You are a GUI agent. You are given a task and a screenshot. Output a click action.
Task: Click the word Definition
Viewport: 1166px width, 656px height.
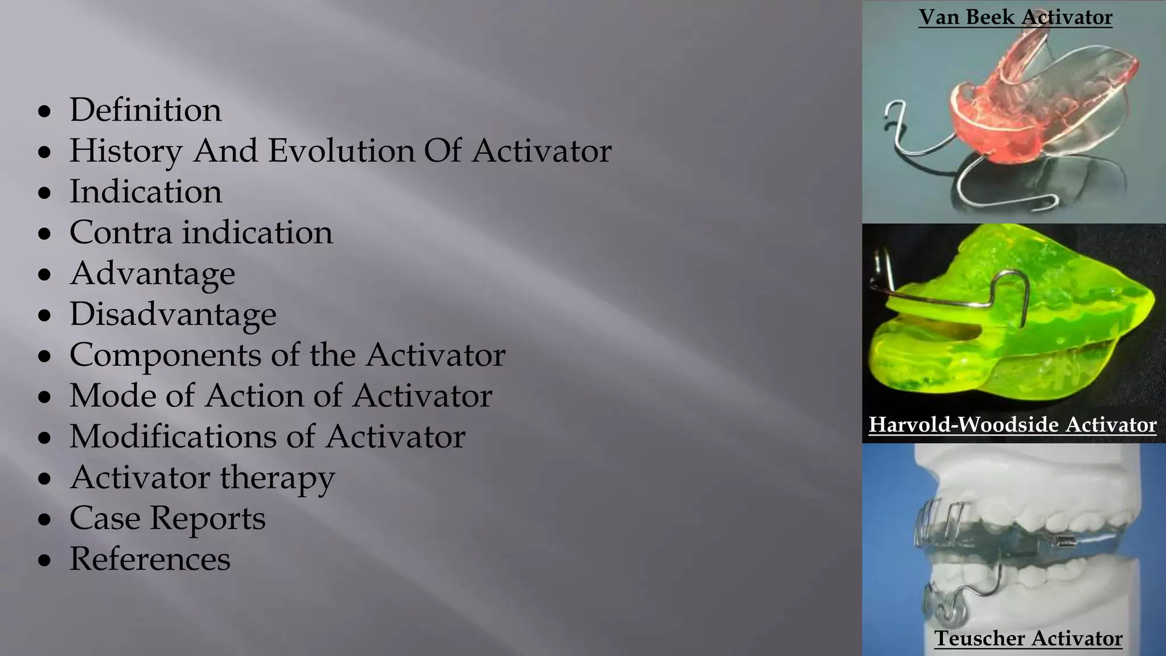145,110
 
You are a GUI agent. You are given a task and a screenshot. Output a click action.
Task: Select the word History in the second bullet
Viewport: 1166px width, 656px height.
126,151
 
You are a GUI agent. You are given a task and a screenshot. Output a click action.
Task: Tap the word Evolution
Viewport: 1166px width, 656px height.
342,151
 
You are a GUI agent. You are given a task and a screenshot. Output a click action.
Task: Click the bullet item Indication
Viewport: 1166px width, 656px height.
145,192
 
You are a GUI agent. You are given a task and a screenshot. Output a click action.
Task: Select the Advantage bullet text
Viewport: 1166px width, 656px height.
152,274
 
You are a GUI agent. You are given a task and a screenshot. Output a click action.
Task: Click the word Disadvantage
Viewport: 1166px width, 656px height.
173,314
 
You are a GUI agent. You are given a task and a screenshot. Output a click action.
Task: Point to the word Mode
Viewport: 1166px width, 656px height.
112,396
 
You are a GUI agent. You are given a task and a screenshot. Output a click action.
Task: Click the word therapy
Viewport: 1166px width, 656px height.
277,478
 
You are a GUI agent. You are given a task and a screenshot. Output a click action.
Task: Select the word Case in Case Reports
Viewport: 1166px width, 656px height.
104,518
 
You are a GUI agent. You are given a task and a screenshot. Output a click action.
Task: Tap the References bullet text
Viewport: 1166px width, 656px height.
150,559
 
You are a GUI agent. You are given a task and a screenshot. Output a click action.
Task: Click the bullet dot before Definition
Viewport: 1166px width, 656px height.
44,112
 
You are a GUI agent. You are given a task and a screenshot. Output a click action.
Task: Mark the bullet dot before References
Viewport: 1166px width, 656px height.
44,561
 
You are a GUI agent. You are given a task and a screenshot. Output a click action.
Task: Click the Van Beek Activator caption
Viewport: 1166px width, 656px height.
1015,17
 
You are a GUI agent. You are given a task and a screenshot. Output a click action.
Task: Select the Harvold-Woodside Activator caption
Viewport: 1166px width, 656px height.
1012,425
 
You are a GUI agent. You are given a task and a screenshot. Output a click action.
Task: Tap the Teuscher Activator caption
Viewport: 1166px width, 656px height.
1028,638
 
